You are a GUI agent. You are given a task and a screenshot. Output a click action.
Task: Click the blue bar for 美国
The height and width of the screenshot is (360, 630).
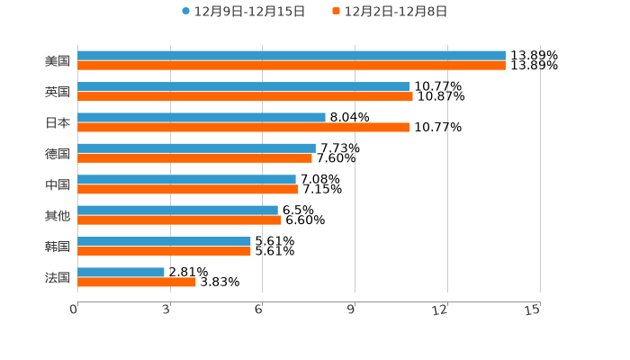(292, 56)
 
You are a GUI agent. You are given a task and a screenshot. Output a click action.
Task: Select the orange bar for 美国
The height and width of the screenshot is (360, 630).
(292, 66)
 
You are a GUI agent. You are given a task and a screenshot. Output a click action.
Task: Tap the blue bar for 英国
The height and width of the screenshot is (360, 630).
(244, 86)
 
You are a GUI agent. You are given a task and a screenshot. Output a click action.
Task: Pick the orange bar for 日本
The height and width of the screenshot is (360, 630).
(244, 128)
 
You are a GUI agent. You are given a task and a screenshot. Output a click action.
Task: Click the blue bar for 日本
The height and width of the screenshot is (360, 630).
(202, 117)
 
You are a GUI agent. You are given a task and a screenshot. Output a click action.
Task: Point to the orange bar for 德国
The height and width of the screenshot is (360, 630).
(194, 158)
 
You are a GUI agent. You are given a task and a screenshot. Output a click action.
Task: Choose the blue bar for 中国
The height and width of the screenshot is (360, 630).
(186, 179)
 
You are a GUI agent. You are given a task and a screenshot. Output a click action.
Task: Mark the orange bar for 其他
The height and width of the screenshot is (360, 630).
(179, 220)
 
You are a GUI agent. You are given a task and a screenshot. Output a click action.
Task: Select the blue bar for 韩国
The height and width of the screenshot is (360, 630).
(164, 241)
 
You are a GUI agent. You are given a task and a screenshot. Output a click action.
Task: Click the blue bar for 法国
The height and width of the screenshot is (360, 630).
(121, 272)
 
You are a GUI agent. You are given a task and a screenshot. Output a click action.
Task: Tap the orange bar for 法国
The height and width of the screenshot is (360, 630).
(137, 283)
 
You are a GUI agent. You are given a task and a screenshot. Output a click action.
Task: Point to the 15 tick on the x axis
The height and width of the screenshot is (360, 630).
(533, 310)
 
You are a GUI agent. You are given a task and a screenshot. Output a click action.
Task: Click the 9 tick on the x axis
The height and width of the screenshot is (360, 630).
(352, 310)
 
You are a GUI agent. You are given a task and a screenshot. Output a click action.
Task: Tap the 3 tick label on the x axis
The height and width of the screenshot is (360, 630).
(167, 310)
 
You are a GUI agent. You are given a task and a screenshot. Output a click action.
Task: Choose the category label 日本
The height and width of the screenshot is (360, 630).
(58, 122)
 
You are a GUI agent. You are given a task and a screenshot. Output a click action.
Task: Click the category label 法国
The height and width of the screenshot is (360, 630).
(58, 277)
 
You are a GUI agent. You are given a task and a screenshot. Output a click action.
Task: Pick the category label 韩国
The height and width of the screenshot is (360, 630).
(58, 247)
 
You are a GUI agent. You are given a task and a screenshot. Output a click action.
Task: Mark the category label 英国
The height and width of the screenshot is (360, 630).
(58, 92)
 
